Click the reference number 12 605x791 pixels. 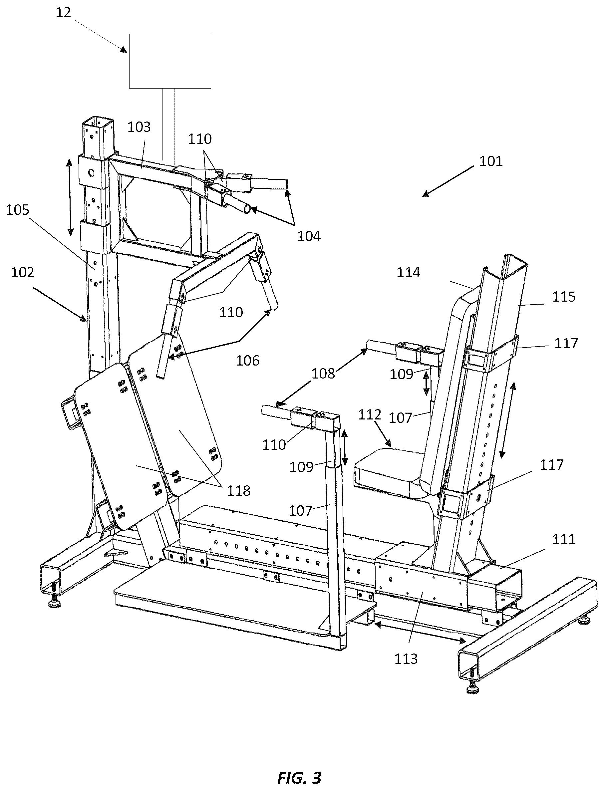click(63, 13)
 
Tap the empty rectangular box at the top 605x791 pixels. click(170, 61)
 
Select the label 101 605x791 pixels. click(491, 161)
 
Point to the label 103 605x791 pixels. click(139, 127)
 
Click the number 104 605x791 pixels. click(309, 236)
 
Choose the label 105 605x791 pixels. click(17, 210)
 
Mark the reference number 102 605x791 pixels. click(22, 273)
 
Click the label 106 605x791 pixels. click(247, 361)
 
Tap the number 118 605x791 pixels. click(238, 491)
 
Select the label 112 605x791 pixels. click(370, 415)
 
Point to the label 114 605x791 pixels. click(408, 273)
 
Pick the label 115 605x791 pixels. click(564, 297)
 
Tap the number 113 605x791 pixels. click(406, 659)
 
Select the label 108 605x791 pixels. click(323, 374)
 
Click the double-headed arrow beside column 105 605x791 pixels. click(70, 197)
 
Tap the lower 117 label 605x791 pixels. click(551, 465)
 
